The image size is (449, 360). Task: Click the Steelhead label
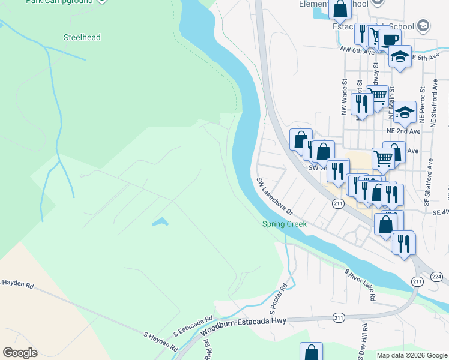(82, 38)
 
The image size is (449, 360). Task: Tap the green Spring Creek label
(284, 224)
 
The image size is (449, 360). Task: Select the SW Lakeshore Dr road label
(274, 196)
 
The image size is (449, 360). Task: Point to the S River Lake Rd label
(360, 284)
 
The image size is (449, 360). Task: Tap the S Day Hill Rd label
(364, 340)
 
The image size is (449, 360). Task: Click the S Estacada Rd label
(193, 326)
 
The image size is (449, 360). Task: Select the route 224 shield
(436, 277)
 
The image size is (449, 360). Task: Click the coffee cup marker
(389, 39)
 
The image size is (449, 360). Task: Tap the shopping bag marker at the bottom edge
(311, 352)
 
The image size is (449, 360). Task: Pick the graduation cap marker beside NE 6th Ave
(399, 57)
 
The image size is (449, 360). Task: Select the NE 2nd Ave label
(403, 130)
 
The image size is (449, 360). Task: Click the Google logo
(20, 353)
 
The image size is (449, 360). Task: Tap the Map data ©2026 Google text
(411, 355)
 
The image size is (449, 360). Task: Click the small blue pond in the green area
(160, 223)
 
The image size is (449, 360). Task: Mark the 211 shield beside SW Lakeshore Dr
(337, 204)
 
